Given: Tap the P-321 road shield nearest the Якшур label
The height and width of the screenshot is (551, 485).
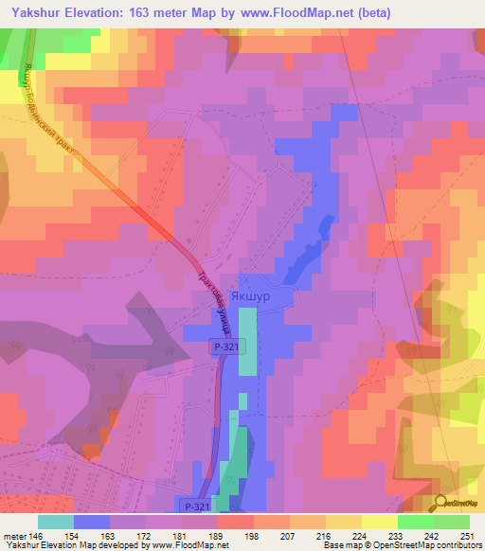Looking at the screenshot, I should pyautogui.click(x=224, y=347).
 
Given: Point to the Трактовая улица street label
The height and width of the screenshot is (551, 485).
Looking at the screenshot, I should pyautogui.click(x=216, y=305).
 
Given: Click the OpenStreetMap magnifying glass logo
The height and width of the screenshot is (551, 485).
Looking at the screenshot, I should pyautogui.click(x=442, y=502).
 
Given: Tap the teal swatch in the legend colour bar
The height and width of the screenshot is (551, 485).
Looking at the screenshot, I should pyautogui.click(x=56, y=522).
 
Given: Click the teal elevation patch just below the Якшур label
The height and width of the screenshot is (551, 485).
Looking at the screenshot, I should pyautogui.click(x=247, y=347).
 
